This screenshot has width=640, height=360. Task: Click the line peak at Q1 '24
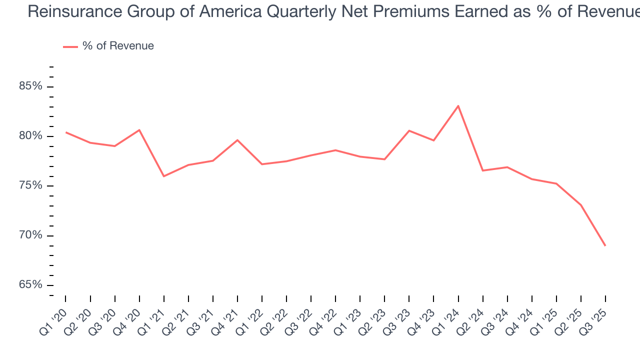pyautogui.click(x=458, y=105)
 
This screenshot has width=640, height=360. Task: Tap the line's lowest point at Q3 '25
pyautogui.click(x=605, y=245)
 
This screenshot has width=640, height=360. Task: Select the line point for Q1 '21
pyautogui.click(x=163, y=176)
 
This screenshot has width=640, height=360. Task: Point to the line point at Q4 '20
pyautogui.click(x=139, y=130)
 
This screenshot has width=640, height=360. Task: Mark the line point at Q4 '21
pyautogui.click(x=237, y=140)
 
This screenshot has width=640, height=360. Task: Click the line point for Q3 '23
pyautogui.click(x=409, y=130)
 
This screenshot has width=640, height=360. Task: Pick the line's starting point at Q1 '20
pyautogui.click(x=65, y=132)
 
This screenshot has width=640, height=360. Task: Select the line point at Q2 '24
pyautogui.click(x=482, y=170)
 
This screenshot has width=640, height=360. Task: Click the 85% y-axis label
pyautogui.click(x=30, y=86)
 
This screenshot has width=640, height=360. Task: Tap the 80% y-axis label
pyautogui.click(x=30, y=136)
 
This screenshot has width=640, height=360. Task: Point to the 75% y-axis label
pyautogui.click(x=30, y=185)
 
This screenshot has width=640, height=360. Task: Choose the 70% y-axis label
pyautogui.click(x=30, y=235)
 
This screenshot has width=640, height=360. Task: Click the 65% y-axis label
pyautogui.click(x=30, y=285)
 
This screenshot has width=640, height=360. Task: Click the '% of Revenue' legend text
pyautogui.click(x=118, y=46)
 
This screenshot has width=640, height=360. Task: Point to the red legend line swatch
pyautogui.click(x=70, y=46)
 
